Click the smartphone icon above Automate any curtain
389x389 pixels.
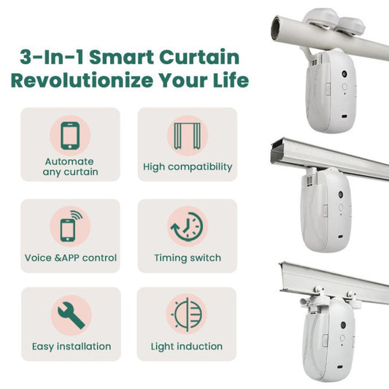tap(70, 136)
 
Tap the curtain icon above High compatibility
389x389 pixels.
tap(188, 136)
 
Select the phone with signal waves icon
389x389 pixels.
tap(70, 226)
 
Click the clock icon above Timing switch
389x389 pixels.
tap(188, 226)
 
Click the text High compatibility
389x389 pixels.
tap(188, 167)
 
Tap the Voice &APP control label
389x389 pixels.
tap(70, 258)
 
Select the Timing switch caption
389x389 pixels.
tap(188, 258)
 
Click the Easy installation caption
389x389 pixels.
tap(71, 346)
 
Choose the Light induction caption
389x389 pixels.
tap(187, 346)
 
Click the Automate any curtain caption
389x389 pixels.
tap(70, 167)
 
